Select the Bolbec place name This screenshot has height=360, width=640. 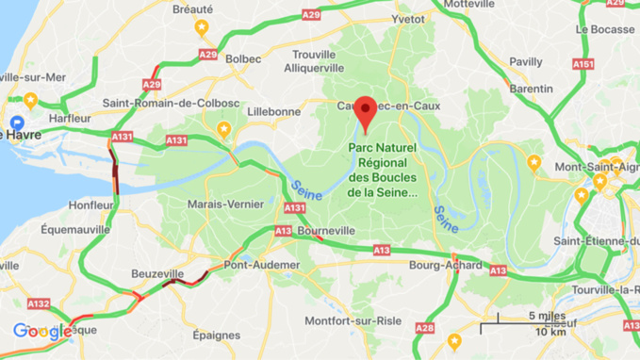pos(244,58)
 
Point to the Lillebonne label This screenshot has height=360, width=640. pos(273,111)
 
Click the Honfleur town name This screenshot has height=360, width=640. pos(90,205)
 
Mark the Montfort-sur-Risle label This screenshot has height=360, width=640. pos(354,321)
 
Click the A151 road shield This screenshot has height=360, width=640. pos(583,64)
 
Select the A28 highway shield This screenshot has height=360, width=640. pos(425,328)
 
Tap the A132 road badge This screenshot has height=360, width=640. pos(39,303)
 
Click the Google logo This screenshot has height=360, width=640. pos(41,332)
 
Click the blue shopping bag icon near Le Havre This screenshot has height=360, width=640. pos(16,123)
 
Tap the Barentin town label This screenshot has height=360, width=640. pos(531,89)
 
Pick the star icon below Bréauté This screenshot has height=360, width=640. pos(201,29)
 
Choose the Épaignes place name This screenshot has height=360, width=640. pos(217,335)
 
